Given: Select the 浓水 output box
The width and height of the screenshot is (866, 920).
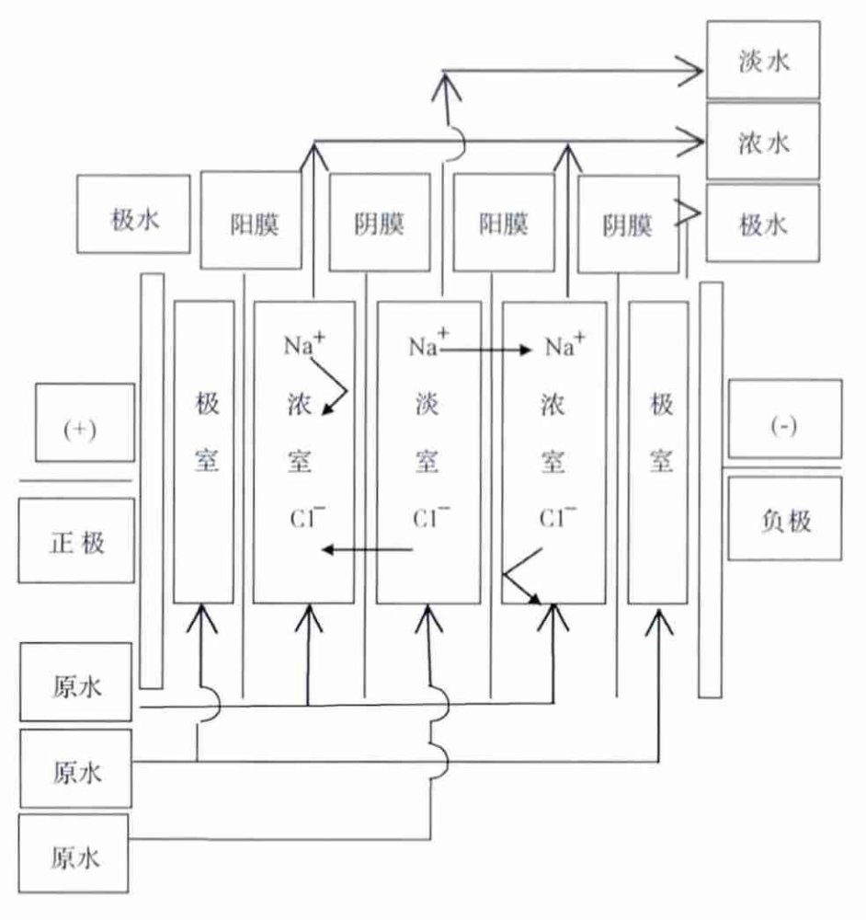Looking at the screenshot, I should click(x=762, y=141).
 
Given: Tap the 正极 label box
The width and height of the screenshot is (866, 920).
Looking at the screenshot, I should click(x=76, y=541).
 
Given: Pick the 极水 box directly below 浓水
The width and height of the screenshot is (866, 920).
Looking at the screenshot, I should click(x=762, y=224).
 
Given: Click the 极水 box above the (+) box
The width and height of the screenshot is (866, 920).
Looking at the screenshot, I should click(x=133, y=215).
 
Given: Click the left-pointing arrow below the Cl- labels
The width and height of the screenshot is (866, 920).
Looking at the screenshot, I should click(x=368, y=550).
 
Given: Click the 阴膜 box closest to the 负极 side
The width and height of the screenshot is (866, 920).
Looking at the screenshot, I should click(x=628, y=224).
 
